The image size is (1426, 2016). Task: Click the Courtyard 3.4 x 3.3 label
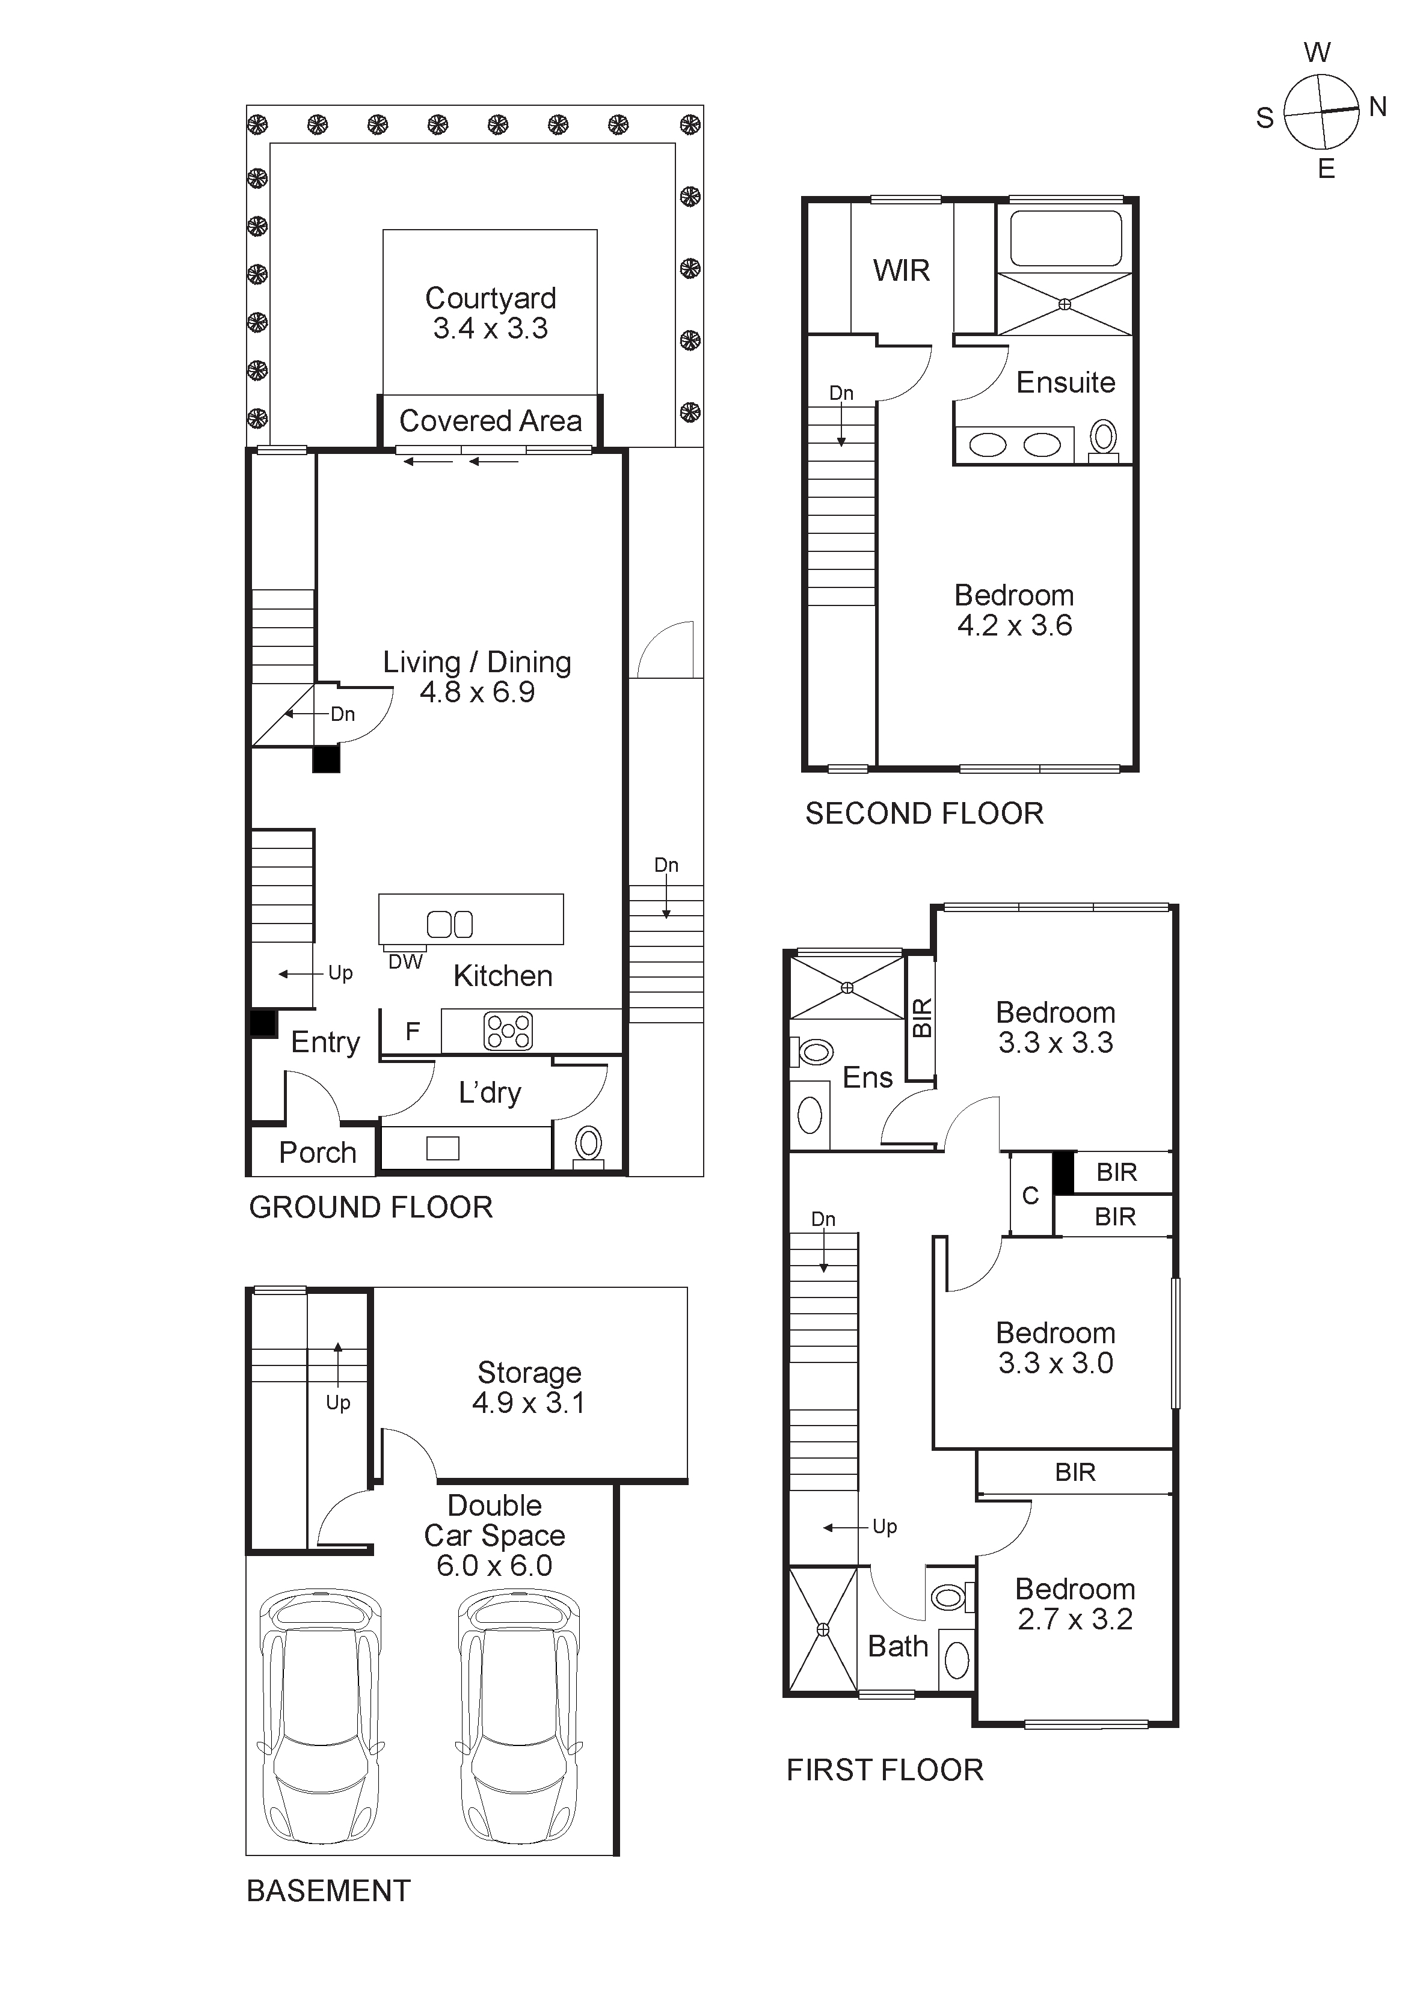tap(490, 313)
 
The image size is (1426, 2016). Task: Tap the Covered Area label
tap(490, 421)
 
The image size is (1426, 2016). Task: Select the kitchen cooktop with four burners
tap(508, 1032)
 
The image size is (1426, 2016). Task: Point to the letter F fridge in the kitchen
tap(412, 1032)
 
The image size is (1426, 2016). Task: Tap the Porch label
tap(317, 1153)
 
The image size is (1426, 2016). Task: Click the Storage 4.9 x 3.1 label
tap(529, 1387)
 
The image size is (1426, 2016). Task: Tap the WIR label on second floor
tap(901, 271)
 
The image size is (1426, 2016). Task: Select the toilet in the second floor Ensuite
tap(1103, 438)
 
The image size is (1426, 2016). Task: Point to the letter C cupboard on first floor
tap(1030, 1196)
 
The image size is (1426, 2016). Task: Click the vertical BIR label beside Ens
tap(921, 1019)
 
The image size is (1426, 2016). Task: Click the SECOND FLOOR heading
tap(924, 814)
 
